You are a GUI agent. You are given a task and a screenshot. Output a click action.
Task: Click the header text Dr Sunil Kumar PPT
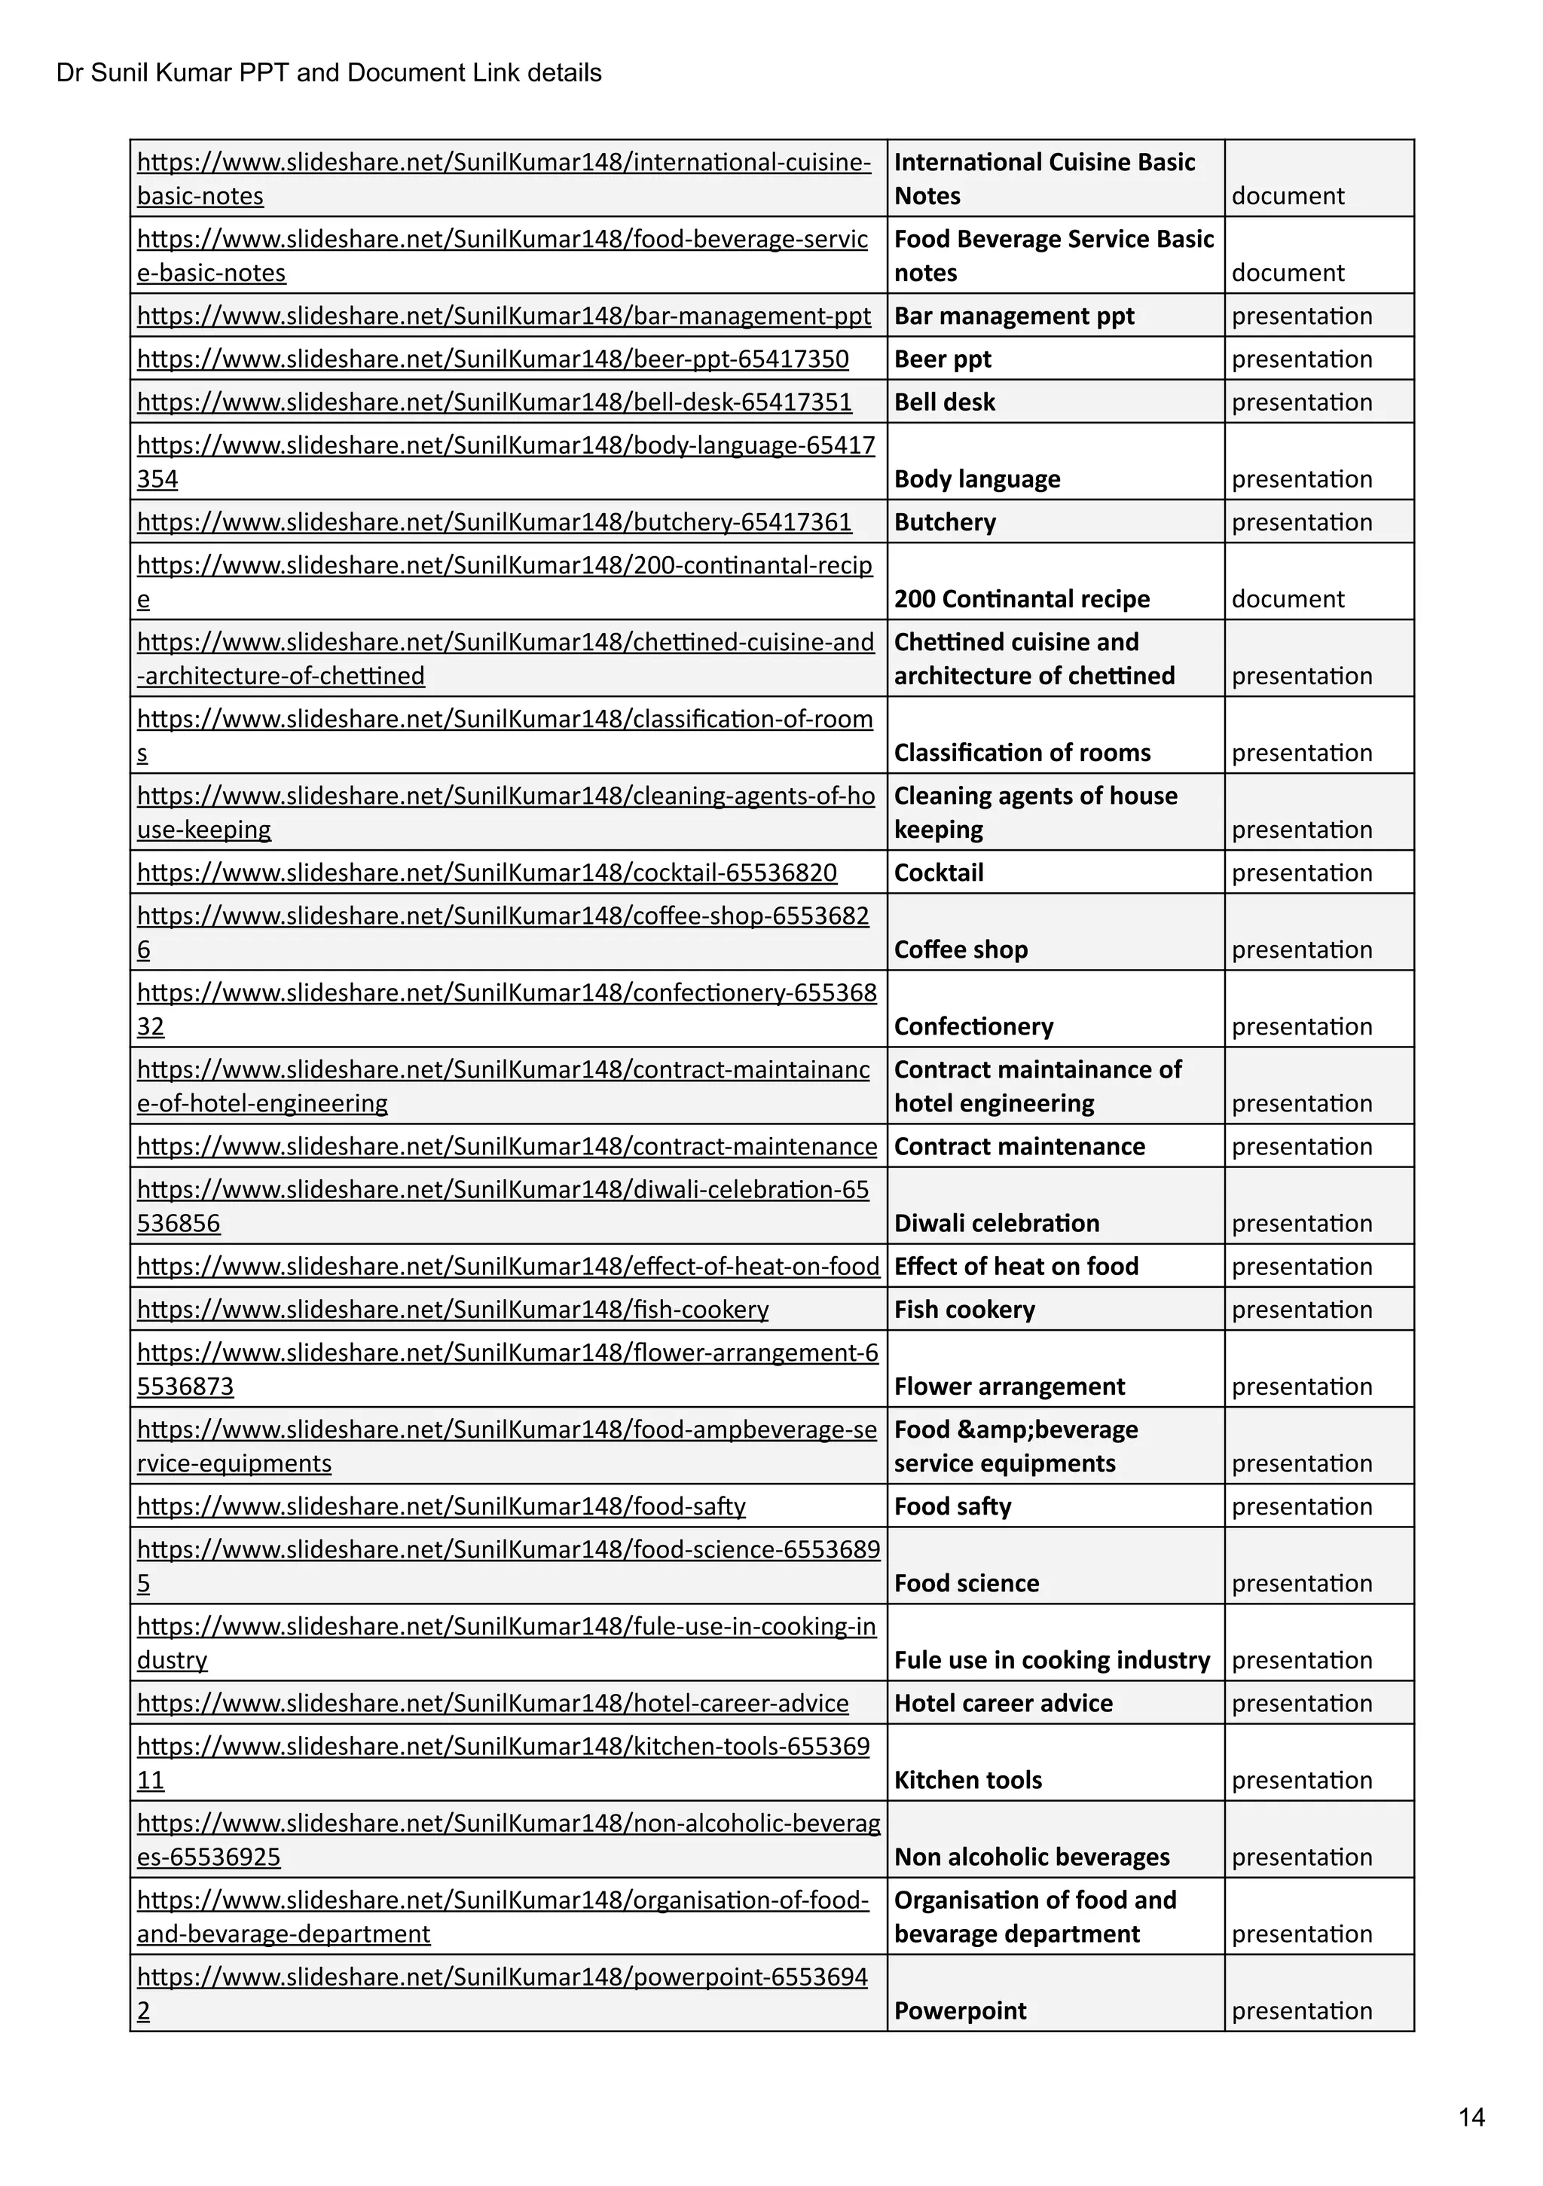[x=328, y=73]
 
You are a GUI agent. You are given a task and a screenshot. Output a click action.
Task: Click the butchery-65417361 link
[x=494, y=521]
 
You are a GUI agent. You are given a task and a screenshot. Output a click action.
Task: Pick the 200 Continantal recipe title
[x=1022, y=599]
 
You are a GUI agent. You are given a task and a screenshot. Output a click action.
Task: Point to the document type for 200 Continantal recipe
[x=1287, y=599]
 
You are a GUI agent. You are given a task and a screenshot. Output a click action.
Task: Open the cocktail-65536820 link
[x=487, y=872]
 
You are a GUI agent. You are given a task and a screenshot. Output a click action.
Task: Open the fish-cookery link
[x=452, y=1309]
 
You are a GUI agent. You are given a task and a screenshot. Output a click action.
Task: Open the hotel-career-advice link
[x=492, y=1702]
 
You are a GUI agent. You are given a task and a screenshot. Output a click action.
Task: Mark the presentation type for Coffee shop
[x=1301, y=949]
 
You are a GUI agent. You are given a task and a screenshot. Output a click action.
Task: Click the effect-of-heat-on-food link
[x=507, y=1266]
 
